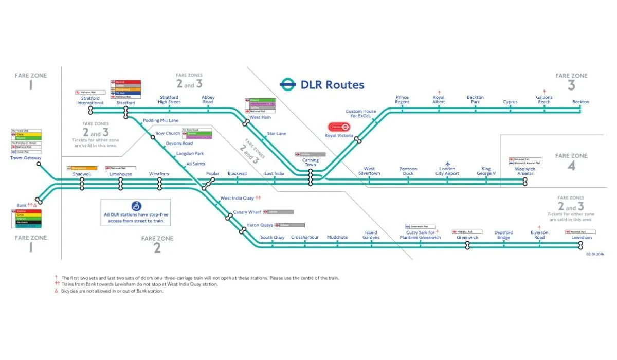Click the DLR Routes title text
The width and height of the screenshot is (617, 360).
(332, 85)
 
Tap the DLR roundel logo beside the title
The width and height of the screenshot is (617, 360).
(288, 84)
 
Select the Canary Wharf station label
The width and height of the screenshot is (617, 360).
(247, 212)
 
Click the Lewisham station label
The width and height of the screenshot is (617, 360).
(582, 238)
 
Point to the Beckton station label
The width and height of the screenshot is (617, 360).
(580, 102)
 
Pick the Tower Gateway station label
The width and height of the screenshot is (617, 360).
(26, 158)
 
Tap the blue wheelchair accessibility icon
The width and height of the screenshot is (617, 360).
(136, 206)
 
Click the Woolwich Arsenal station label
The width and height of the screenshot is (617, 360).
(524, 171)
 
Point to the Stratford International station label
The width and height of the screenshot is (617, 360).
(90, 100)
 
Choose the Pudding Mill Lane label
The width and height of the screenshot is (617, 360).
(161, 120)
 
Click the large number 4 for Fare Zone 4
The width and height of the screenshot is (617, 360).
(571, 166)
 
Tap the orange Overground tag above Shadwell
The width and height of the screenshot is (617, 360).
(82, 168)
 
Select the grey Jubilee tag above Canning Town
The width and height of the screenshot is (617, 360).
(310, 154)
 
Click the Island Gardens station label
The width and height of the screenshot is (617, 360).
(371, 235)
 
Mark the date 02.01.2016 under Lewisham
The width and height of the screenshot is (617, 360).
(595, 254)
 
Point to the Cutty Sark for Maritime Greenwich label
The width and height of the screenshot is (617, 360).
(420, 235)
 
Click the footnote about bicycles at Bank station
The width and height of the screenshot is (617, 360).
(112, 291)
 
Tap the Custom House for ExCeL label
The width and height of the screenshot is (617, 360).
(360, 114)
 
